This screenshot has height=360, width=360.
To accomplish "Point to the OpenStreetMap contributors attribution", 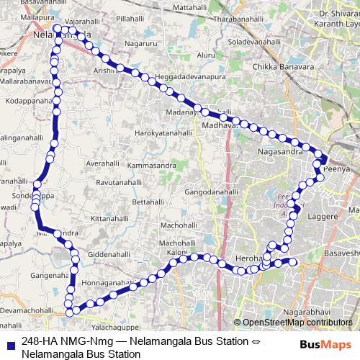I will (297, 323).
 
